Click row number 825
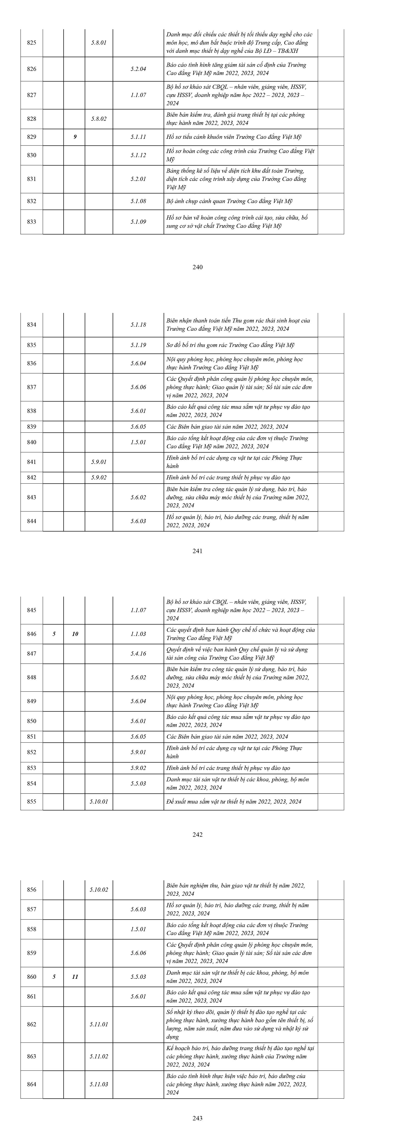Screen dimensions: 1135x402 coord(32,43)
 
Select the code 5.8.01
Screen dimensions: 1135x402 coord(99,43)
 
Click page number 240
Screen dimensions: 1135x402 coord(198,267)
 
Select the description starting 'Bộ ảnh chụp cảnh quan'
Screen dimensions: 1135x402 coord(229,201)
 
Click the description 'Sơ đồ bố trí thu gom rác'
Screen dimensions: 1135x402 coord(230,345)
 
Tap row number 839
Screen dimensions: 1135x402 coord(32,427)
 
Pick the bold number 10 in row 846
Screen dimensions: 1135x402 coord(75,634)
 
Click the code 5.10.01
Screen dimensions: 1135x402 coord(99,801)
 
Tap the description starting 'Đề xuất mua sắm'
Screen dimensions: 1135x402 coord(234,801)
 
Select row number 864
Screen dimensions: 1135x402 coord(32,1084)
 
